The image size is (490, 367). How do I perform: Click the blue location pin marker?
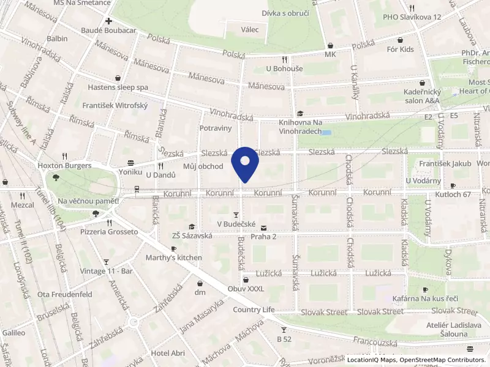(x=245, y=163)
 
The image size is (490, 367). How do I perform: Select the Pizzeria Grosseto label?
(x=108, y=232)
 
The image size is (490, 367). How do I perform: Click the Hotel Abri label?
(x=167, y=353)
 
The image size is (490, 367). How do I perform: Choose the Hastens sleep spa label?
(x=117, y=87)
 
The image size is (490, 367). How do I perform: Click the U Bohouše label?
(x=284, y=69)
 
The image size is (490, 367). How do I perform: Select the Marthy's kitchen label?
(x=173, y=258)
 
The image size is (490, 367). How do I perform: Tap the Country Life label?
(x=254, y=310)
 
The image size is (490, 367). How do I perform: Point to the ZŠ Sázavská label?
(x=192, y=235)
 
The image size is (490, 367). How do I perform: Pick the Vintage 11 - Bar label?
(x=106, y=270)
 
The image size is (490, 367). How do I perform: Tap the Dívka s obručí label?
(x=285, y=13)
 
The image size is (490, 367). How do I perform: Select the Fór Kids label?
(x=400, y=49)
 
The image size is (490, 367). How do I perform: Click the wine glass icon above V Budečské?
(x=236, y=215)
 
